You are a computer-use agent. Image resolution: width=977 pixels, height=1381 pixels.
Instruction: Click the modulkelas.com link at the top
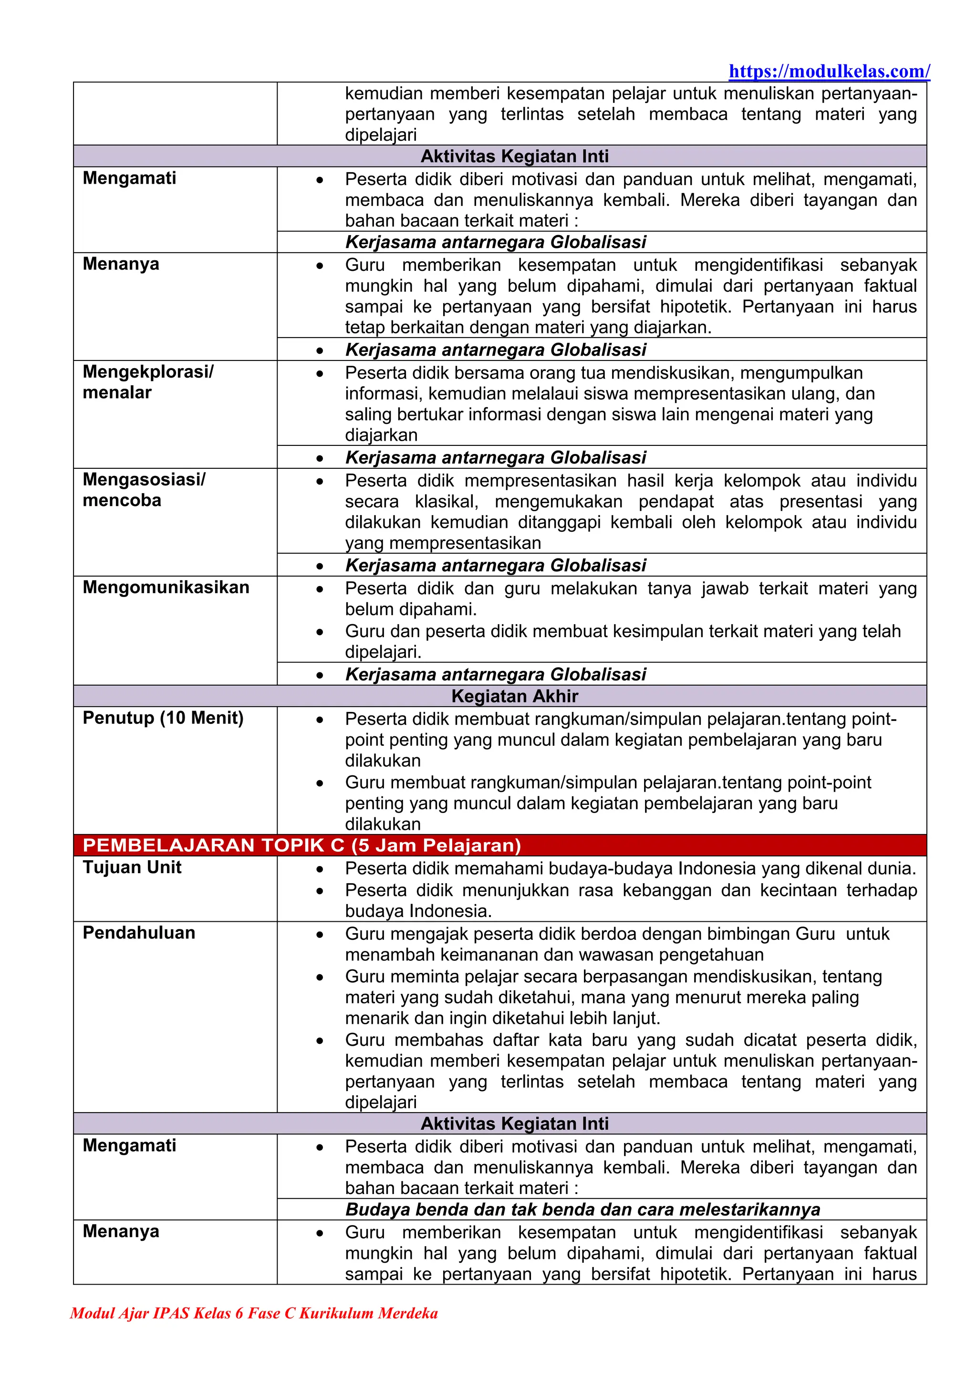829,72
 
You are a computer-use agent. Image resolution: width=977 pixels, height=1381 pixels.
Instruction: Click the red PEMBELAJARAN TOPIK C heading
301,845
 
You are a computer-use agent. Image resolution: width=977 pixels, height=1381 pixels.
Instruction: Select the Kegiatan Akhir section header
514,696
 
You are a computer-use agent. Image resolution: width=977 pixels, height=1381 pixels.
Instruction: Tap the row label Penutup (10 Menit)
163,718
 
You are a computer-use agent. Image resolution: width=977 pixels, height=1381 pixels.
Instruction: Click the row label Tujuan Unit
132,867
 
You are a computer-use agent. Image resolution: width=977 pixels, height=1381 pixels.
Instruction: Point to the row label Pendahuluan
139,932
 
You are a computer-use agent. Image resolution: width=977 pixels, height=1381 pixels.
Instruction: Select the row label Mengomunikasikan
166,587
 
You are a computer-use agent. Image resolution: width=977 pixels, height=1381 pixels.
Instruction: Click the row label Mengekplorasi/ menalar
147,382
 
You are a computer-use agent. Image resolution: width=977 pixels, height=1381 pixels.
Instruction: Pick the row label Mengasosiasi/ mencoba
144,490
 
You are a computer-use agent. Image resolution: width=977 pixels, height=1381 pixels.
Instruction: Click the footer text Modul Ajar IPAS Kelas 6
253,1312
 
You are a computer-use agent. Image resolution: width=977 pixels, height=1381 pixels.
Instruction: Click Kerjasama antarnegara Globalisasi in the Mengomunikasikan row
496,674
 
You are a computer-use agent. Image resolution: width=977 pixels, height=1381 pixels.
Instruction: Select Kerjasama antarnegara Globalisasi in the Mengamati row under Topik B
496,242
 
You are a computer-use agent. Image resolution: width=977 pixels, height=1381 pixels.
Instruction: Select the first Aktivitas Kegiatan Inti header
514,156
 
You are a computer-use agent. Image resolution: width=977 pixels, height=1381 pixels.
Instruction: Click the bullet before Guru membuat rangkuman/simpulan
320,783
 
